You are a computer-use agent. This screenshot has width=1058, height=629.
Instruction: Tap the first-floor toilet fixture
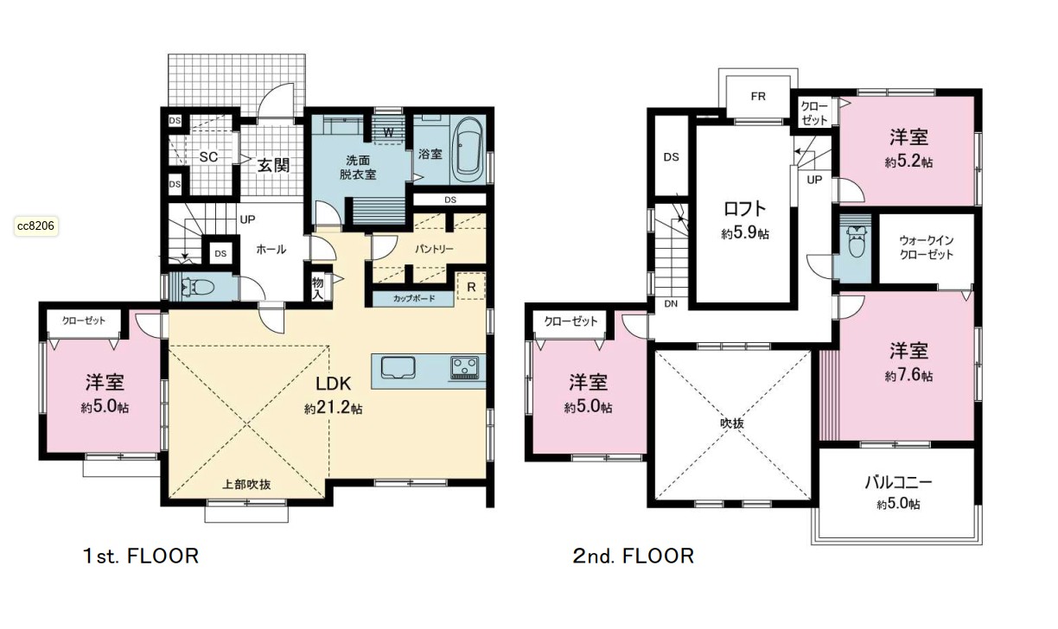coord(199,286)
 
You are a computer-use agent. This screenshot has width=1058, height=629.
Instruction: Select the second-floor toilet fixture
coord(856,241)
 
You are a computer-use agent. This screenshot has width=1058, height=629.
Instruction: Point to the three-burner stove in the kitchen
coord(465,367)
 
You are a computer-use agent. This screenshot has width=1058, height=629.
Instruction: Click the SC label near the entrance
coord(208,156)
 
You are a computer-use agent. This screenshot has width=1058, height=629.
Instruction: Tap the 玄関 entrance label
coord(273,165)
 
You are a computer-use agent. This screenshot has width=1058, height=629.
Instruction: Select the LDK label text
coord(333,384)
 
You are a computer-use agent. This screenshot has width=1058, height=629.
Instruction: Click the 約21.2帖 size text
coord(333,408)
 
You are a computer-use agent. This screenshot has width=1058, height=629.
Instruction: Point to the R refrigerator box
coord(471,286)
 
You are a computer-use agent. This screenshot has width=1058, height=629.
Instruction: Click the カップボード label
coord(414,298)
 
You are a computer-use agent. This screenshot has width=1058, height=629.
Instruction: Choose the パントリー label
coord(434,249)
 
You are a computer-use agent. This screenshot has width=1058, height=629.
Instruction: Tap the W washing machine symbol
coord(388,132)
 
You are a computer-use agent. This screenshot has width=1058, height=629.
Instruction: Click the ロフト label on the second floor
coord(745,208)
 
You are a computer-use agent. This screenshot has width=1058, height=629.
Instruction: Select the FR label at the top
coord(758,97)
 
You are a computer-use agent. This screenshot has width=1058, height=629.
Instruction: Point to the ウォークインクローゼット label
coord(927,247)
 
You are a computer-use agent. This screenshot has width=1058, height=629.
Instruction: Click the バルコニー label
coord(898,483)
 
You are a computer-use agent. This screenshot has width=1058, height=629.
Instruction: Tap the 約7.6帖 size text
coord(908,376)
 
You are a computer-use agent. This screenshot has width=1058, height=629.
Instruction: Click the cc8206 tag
coord(36,226)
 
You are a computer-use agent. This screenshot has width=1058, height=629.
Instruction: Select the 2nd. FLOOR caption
coord(634,556)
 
